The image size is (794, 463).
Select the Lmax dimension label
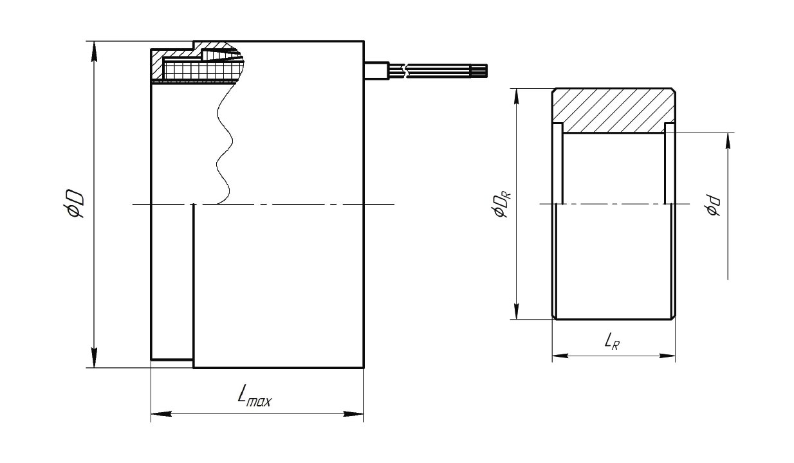pos(255,396)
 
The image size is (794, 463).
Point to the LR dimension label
pos(612,342)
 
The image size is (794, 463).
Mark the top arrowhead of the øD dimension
pos(94,51)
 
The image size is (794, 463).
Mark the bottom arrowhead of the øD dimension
pos(94,358)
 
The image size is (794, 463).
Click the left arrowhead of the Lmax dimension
pos(162,413)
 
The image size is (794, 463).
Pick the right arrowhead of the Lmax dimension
pos(353,413)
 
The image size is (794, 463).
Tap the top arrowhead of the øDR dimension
pos(517,98)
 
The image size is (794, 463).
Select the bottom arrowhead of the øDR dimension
pos(517,309)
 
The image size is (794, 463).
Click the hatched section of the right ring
pos(614,111)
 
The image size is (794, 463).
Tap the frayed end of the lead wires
pos(483,70)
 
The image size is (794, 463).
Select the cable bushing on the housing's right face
pos(377,71)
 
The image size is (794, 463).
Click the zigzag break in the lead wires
pos(405,71)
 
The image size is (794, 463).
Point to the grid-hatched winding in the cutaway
pos(202,71)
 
